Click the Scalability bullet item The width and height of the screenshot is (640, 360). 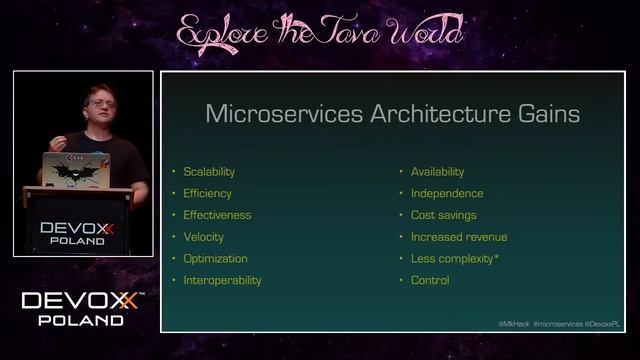[x=209, y=171]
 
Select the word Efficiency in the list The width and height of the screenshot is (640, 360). [x=207, y=193]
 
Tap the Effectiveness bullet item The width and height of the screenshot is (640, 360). [x=217, y=215]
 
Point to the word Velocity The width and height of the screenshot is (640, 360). [x=203, y=237]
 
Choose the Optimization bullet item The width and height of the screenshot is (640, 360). [x=215, y=258]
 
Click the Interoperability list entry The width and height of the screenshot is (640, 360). [x=222, y=280]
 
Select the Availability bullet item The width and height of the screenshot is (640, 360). [x=437, y=171]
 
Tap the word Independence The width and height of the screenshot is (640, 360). [x=447, y=193]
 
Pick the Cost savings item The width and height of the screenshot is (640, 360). [x=443, y=215]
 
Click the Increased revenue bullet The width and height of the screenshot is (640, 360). [x=459, y=237]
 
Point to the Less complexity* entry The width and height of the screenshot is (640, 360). [x=455, y=258]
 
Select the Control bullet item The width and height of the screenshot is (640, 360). [x=430, y=280]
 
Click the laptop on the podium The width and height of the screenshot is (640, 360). [x=77, y=170]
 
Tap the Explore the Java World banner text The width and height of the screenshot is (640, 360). [x=320, y=32]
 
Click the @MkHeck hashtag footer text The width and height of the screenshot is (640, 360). [x=514, y=324]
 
